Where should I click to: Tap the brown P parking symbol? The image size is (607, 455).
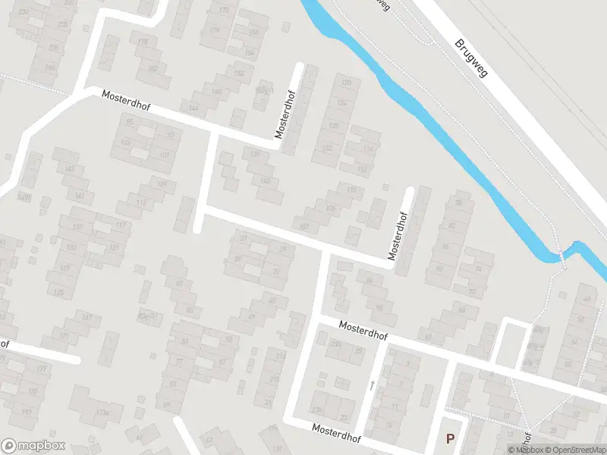pyautogui.click(x=450, y=438)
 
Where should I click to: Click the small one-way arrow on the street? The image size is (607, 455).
pyautogui.click(x=372, y=385)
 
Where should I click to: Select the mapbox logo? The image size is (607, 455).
pyautogui.click(x=33, y=446)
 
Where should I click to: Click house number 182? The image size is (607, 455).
pyautogui.click(x=153, y=68)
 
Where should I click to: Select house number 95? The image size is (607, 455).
pyautogui.click(x=129, y=122)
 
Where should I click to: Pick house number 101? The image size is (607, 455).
pyautogui.click(x=165, y=155)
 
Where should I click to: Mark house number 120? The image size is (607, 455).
pyautogui.click(x=347, y=83)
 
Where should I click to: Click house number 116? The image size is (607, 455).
pyautogui.click(x=369, y=150)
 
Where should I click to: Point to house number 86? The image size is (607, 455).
pyautogui.click(x=445, y=246)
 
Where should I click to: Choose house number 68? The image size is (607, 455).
pyautogui.click(x=428, y=336)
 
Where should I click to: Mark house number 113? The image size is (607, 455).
pyautogui.click(x=141, y=202)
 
